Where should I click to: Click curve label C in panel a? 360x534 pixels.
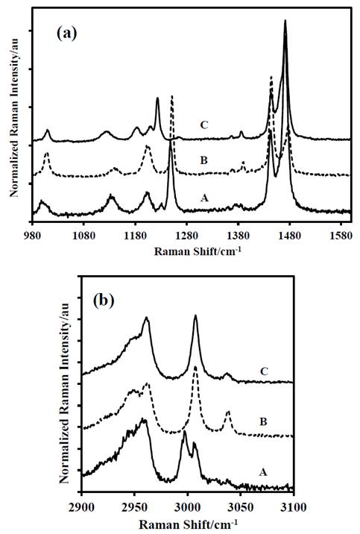click(203, 125)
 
